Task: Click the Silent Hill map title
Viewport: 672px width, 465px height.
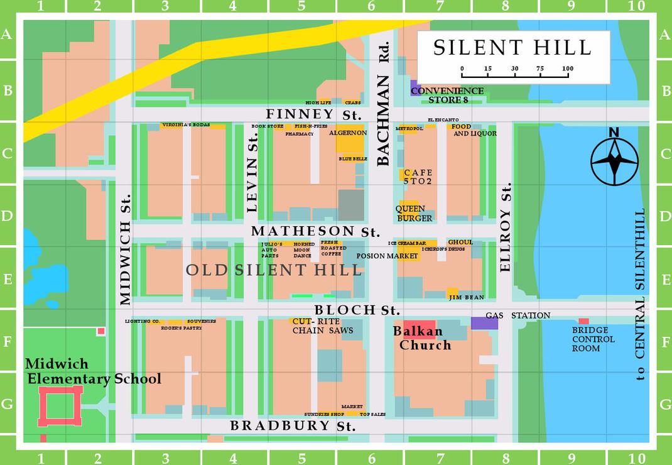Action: click(512, 48)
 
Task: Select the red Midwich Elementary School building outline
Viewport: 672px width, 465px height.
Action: click(60, 406)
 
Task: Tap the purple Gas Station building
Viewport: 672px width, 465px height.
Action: click(484, 323)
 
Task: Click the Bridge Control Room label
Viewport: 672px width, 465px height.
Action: click(593, 339)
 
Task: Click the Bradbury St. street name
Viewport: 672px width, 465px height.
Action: click(293, 425)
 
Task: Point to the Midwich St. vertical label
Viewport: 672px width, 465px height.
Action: click(125, 249)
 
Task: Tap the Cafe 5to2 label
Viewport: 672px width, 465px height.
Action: click(418, 177)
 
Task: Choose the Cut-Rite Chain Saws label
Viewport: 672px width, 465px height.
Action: click(322, 325)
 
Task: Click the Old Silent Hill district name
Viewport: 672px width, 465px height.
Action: click(274, 270)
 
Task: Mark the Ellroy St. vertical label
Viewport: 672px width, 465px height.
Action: click(506, 227)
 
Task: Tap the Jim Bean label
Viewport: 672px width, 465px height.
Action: click(466, 297)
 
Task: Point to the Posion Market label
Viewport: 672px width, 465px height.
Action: click(387, 256)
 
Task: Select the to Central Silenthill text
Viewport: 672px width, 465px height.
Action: click(640, 294)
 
